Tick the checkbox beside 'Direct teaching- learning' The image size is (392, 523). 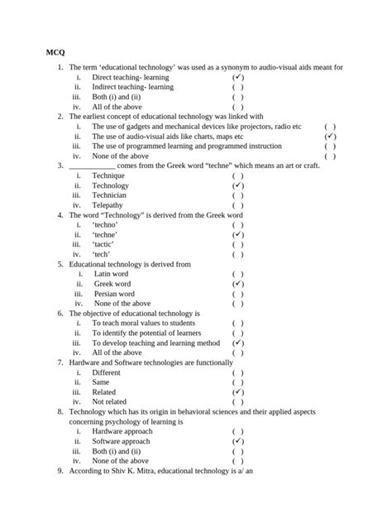click(237, 76)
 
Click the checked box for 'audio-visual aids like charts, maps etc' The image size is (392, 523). click(330, 136)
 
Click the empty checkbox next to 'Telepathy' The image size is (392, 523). click(237, 205)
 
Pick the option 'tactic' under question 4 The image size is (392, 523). click(104, 245)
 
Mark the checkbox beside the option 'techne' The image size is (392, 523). click(237, 235)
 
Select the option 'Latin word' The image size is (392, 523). click(111, 274)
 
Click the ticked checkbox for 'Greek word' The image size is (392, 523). click(237, 284)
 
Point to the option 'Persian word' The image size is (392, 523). click(114, 294)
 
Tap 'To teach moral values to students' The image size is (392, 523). click(143, 324)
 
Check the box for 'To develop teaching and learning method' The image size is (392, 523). click(237, 343)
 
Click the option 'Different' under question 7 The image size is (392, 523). click(106, 373)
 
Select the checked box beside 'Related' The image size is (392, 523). click(237, 392)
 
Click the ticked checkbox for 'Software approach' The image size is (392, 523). click(237, 441)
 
